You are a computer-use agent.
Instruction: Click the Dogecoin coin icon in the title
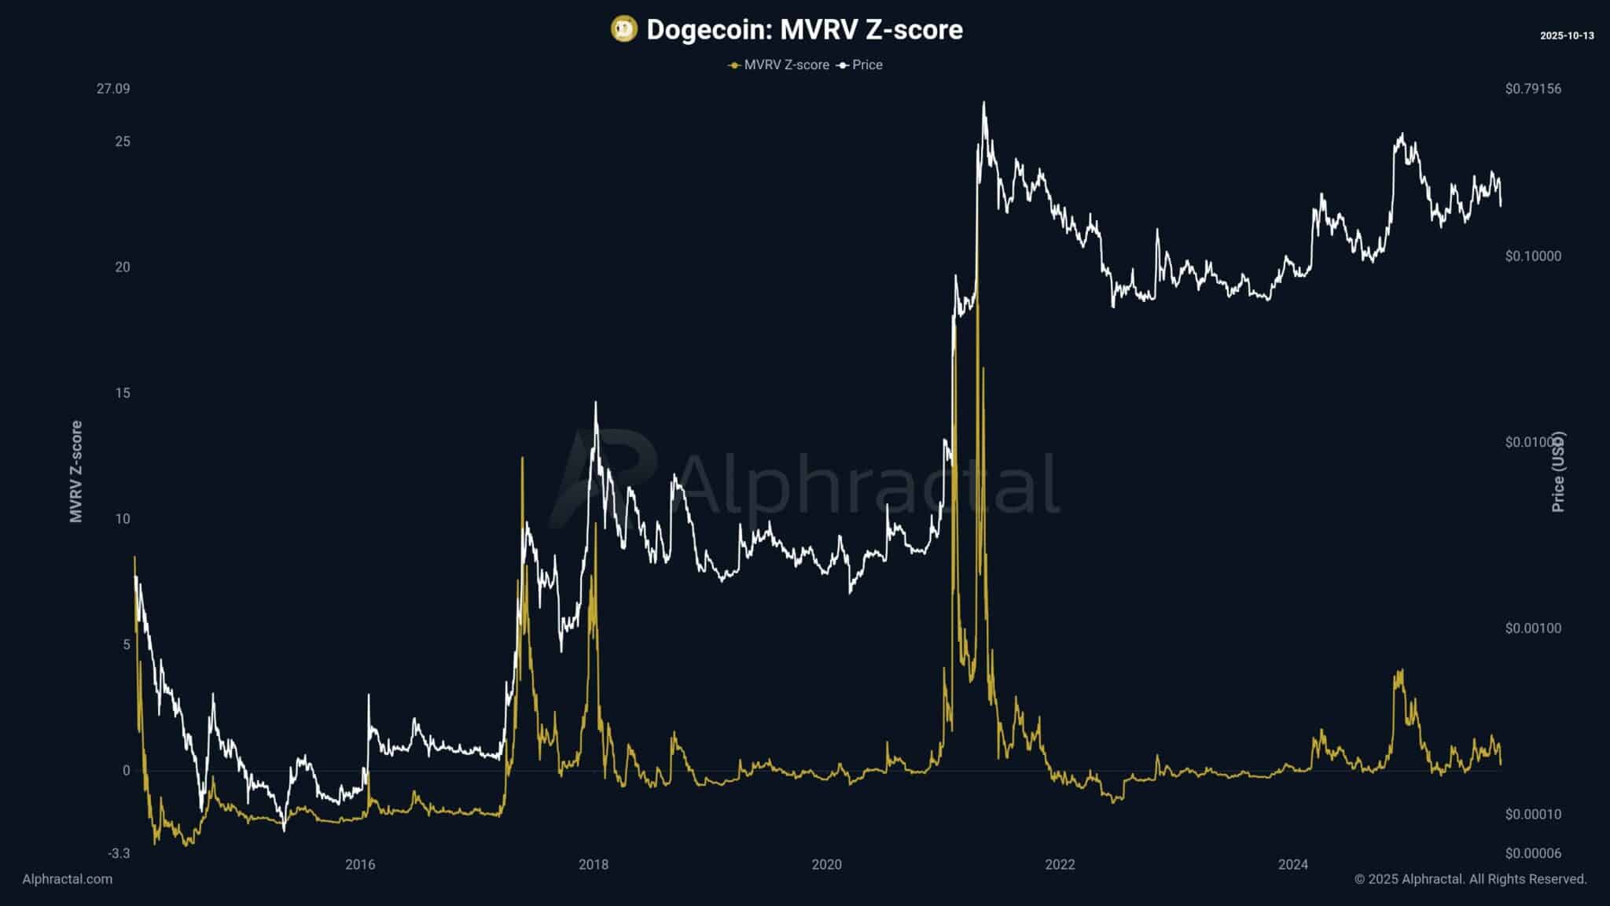pyautogui.click(x=623, y=30)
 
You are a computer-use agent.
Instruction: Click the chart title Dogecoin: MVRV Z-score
pyautogui.click(x=804, y=30)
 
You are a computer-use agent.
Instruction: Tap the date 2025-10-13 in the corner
pyautogui.click(x=1567, y=36)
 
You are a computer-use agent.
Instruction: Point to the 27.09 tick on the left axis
pyautogui.click(x=113, y=89)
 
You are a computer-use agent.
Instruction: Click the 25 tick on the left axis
pyautogui.click(x=122, y=142)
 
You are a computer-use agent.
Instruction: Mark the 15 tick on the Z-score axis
pyautogui.click(x=122, y=393)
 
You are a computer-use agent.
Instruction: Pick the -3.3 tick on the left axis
pyautogui.click(x=119, y=853)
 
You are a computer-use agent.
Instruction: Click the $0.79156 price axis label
pyautogui.click(x=1533, y=89)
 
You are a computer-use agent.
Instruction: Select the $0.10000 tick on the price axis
pyautogui.click(x=1533, y=256)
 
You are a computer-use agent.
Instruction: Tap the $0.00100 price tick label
pyautogui.click(x=1533, y=628)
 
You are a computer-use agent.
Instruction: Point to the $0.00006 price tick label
pyautogui.click(x=1533, y=853)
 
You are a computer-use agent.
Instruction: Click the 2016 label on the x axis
pyautogui.click(x=360, y=865)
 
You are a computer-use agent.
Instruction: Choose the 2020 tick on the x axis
pyautogui.click(x=826, y=865)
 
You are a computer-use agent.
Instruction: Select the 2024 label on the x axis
pyautogui.click(x=1293, y=865)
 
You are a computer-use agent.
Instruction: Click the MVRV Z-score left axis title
pyautogui.click(x=76, y=471)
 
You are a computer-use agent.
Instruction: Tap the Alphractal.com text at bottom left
pyautogui.click(x=68, y=879)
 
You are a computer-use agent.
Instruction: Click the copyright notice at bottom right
pyautogui.click(x=1470, y=879)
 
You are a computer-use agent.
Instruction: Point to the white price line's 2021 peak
pyautogui.click(x=983, y=102)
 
